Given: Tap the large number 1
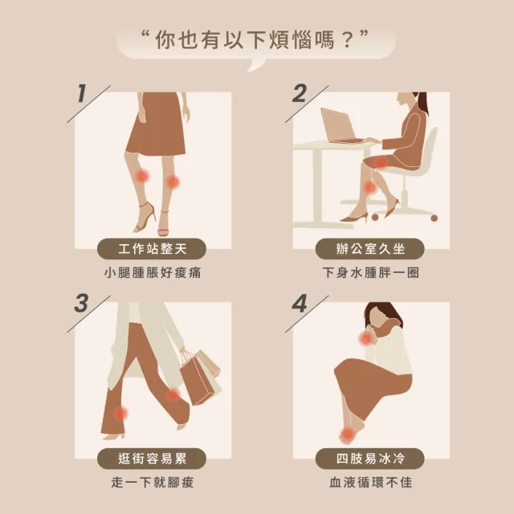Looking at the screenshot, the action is point(82,93).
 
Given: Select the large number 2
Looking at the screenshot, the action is point(300,93).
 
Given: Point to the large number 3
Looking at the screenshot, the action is point(81,304).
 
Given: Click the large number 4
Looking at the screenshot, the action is point(300,304).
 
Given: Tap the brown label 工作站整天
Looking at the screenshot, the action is point(152,249).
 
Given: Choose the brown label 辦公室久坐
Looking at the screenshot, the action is point(369,249).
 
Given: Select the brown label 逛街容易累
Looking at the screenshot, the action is point(152,459).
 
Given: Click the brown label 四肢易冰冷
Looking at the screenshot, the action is point(369,459).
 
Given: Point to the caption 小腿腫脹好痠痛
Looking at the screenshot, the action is point(153,273).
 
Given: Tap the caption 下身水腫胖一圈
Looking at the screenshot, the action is point(371,273).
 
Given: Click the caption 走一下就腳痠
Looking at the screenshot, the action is point(153,483).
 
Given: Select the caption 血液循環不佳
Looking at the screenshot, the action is point(371,483).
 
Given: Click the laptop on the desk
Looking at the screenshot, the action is point(339,126).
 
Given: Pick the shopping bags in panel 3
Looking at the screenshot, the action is point(200,377).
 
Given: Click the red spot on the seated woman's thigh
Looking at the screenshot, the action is point(380,162).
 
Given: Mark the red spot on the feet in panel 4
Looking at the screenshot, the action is point(347,434).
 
